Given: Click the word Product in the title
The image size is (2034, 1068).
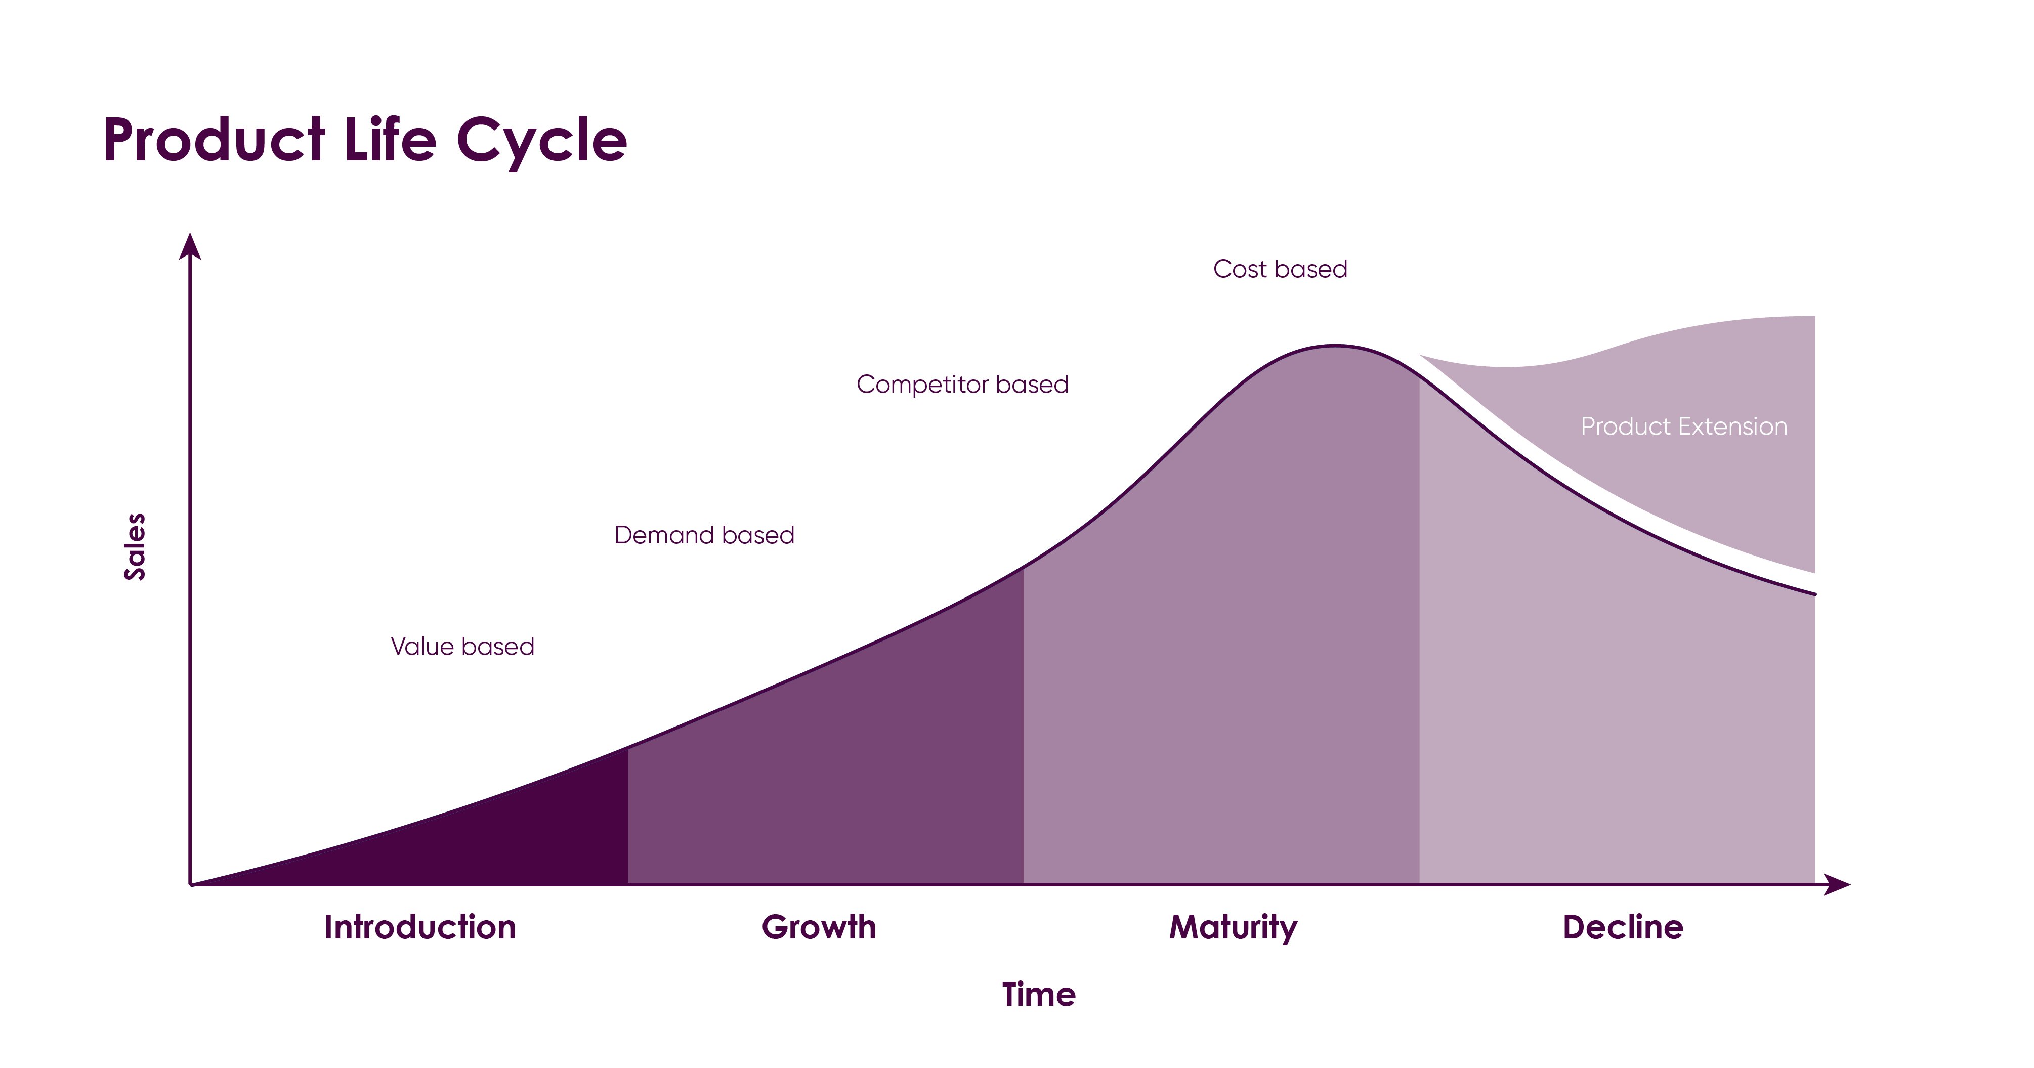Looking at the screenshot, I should coord(213,141).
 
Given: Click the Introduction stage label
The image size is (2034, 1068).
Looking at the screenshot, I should coord(420,927).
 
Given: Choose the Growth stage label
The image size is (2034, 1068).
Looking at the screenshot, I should coord(819,927).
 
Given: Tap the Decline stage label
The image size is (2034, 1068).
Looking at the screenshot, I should coord(1623,927).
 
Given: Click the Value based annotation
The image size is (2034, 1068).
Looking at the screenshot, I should coord(462,647).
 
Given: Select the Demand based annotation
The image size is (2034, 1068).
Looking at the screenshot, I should coord(704,535).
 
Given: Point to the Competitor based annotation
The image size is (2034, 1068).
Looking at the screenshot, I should coord(962,385).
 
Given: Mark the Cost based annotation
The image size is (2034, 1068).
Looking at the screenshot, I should coord(1280,269).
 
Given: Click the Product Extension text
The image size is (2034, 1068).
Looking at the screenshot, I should coord(1683,426).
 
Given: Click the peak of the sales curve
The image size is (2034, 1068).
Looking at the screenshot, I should coord(1334,346).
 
